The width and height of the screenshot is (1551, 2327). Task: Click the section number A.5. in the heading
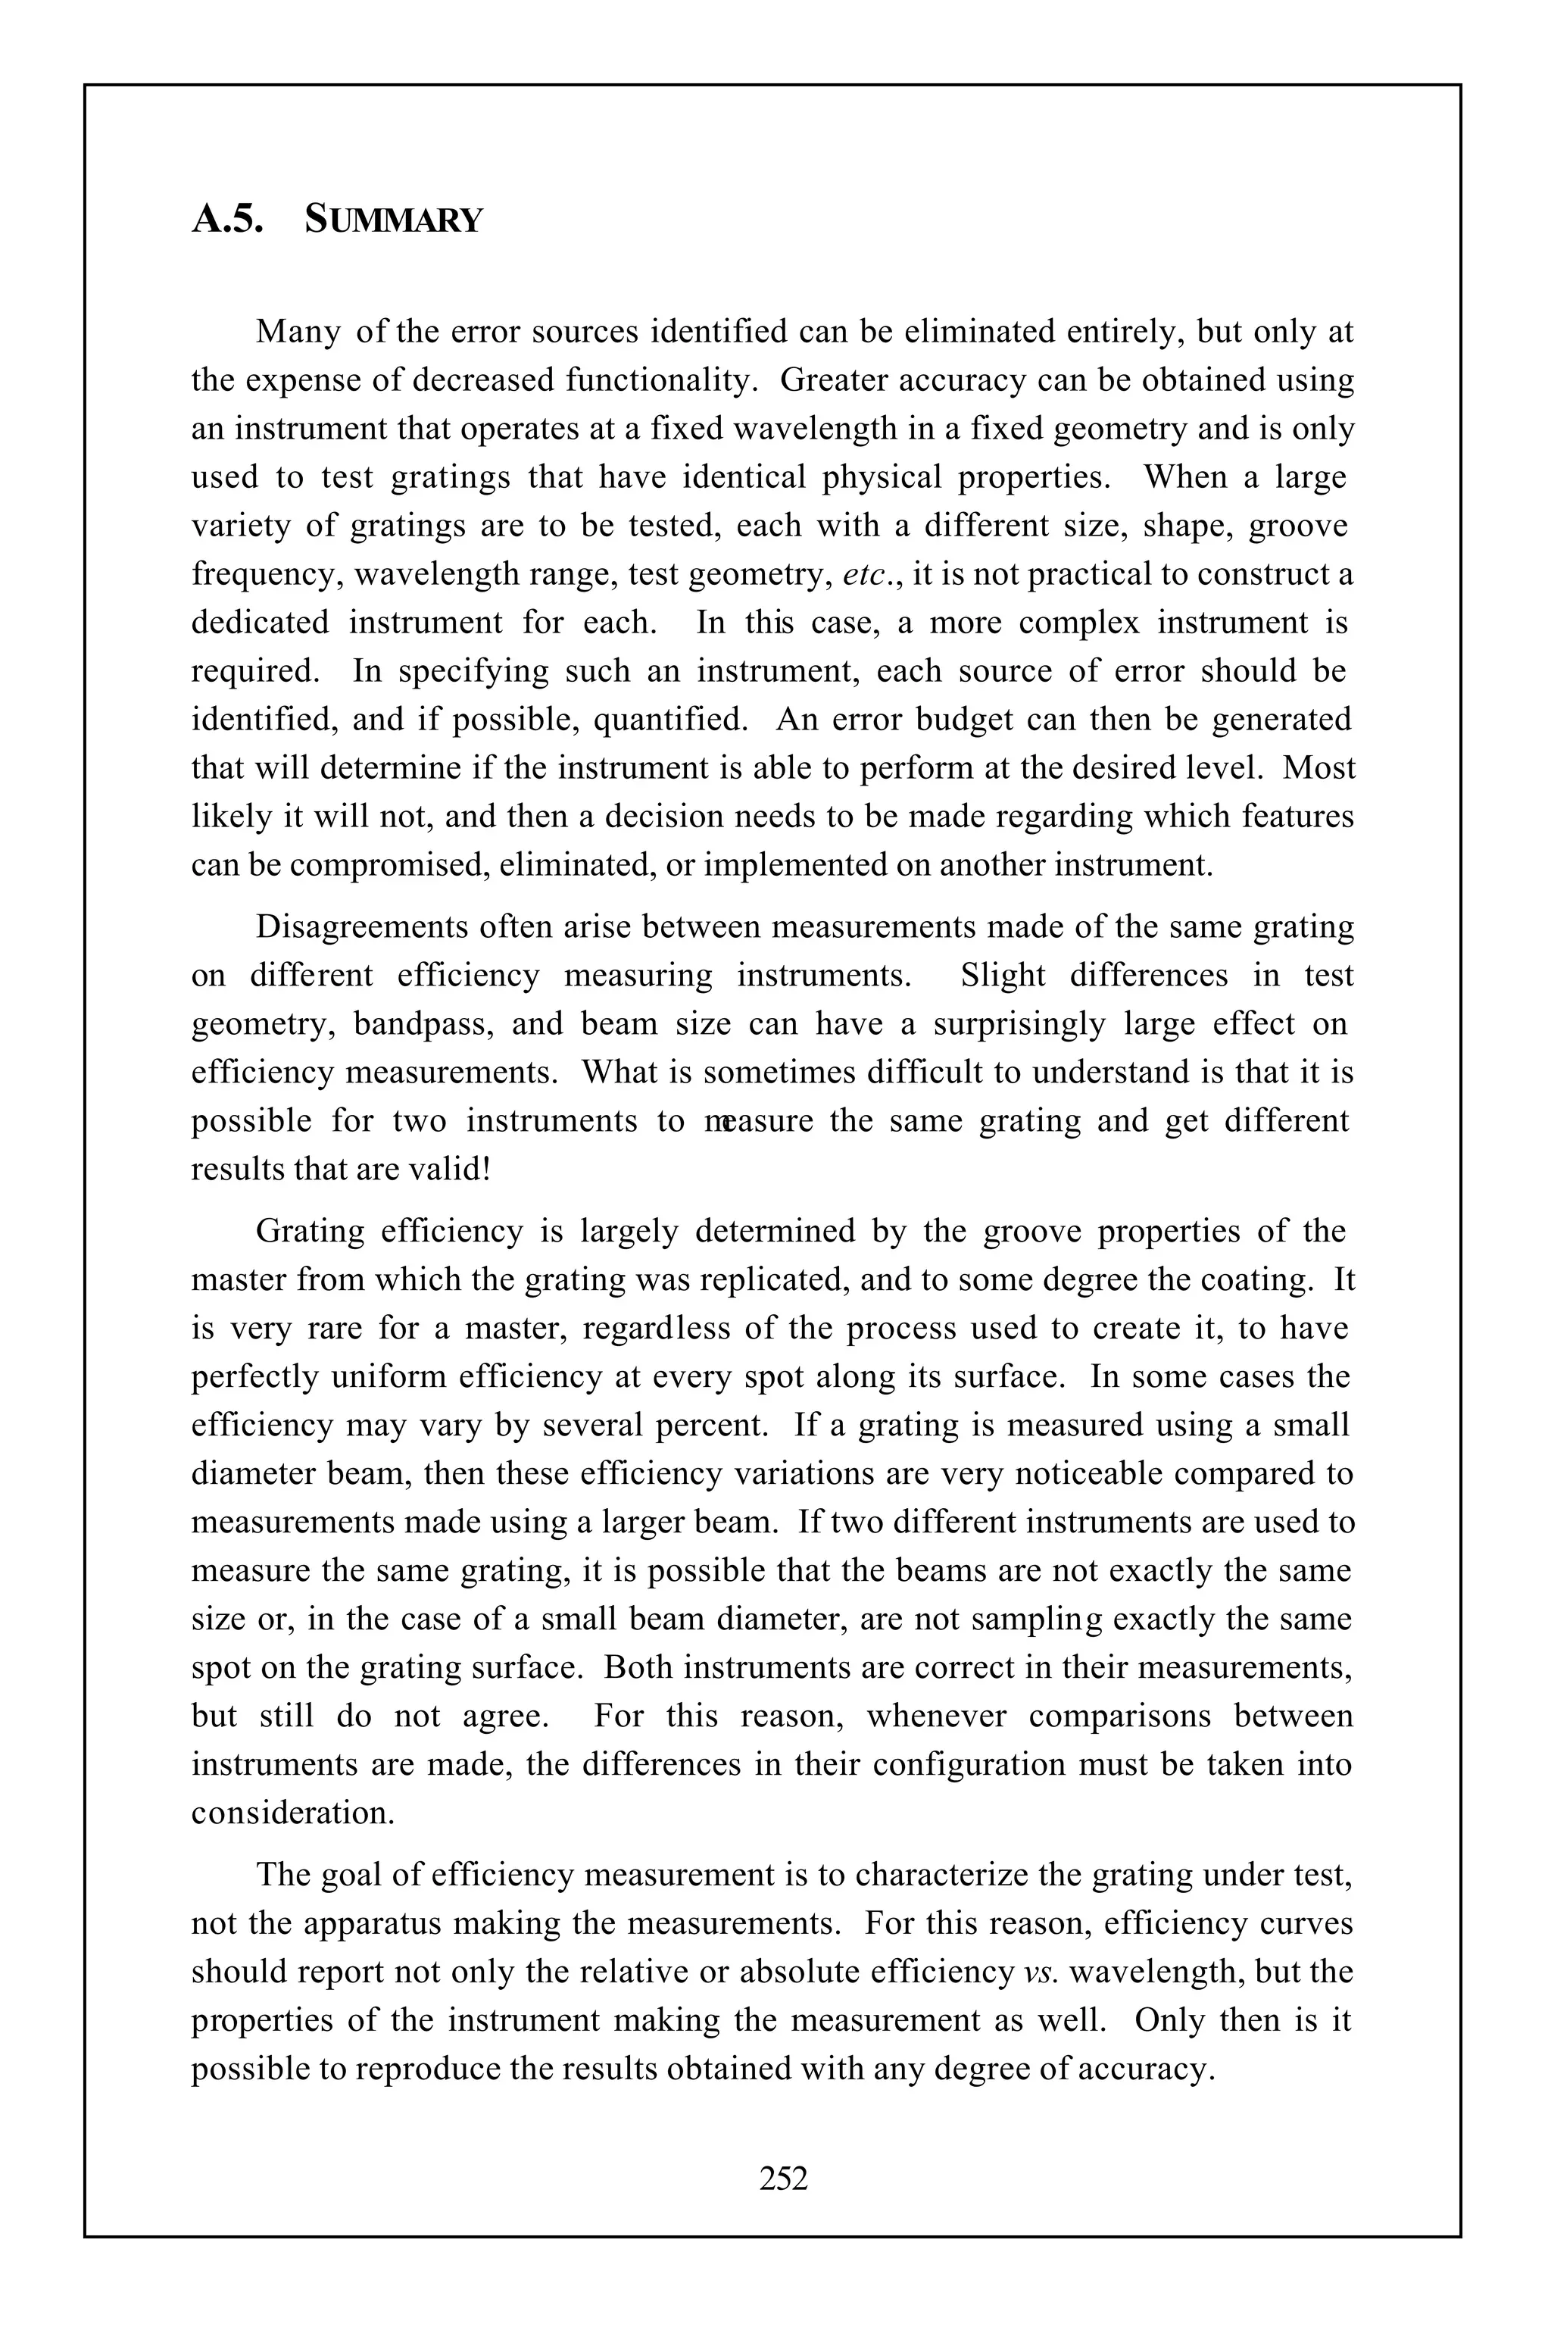227,219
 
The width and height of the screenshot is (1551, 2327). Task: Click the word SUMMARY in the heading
394,220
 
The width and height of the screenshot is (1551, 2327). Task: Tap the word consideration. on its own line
293,1813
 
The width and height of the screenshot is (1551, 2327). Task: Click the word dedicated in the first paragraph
259,623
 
